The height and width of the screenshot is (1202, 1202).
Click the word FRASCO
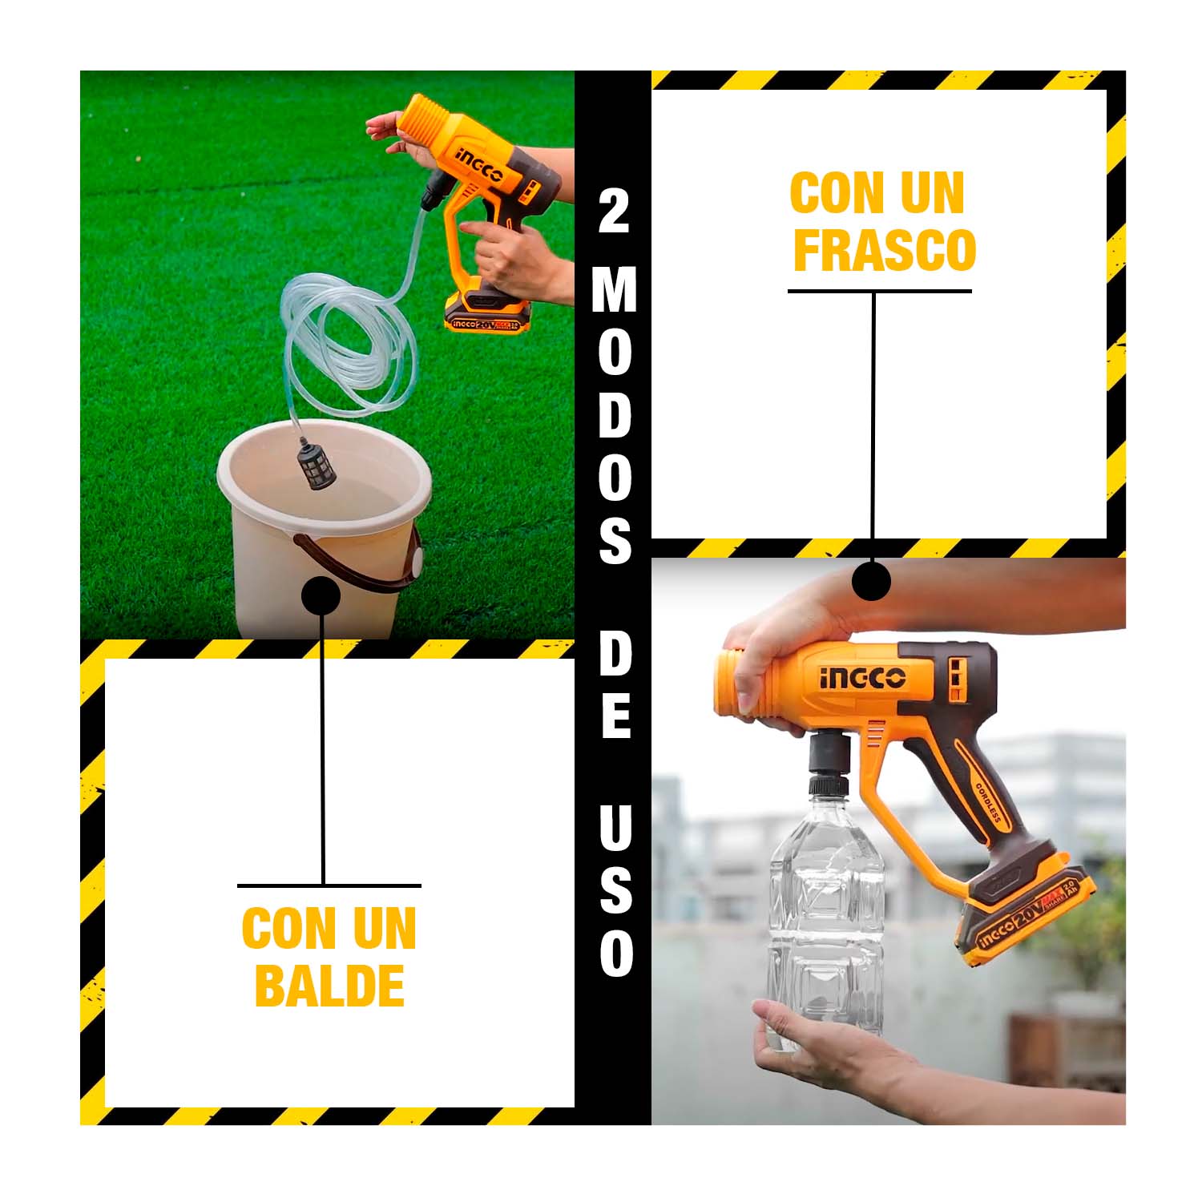pyautogui.click(x=884, y=250)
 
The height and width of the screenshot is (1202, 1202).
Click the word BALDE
pyautogui.click(x=329, y=986)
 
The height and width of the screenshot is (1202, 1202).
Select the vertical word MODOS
pyautogui.click(x=614, y=416)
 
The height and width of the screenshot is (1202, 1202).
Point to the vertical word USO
pyautogui.click(x=615, y=890)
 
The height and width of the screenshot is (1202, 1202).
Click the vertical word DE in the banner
pyautogui.click(x=615, y=688)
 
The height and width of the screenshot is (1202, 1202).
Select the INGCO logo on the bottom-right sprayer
pyautogui.click(x=862, y=678)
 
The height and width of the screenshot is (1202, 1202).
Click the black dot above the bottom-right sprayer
pyautogui.click(x=872, y=580)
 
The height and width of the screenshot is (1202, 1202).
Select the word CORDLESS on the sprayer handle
pyautogui.click(x=989, y=802)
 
